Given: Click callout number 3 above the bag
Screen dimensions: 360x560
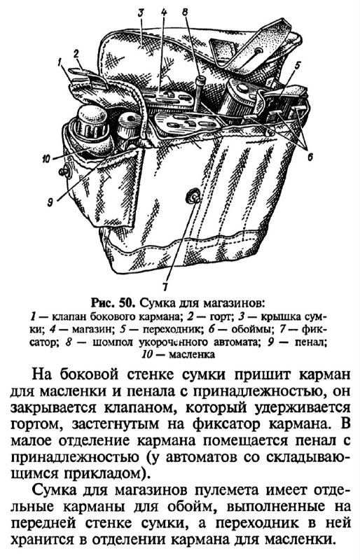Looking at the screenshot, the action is pos(141,13).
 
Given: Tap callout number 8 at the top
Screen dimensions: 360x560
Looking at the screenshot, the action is pos(185,12).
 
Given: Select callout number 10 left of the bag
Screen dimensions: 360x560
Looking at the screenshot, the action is pos(46,159).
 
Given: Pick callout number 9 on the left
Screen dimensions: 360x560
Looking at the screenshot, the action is pos(50,202).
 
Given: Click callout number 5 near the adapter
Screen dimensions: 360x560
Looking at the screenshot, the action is pos(298,65).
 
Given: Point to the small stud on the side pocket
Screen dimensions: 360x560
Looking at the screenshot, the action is pos(65,172).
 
